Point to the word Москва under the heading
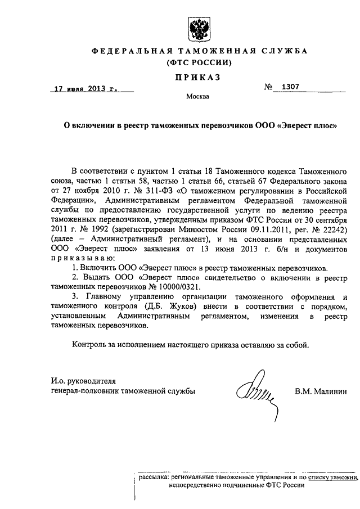197,96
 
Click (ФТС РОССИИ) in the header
200,62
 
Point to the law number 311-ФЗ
160,191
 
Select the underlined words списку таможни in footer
331,477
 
